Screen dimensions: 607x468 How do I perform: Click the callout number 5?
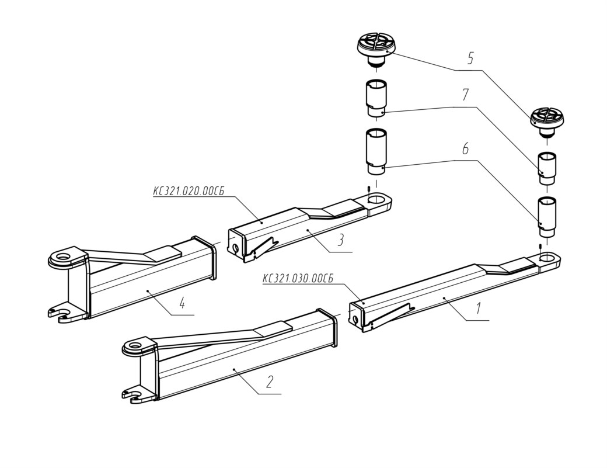click(470, 58)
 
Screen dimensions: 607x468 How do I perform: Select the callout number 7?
click(465, 95)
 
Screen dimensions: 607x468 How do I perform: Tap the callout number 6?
click(465, 148)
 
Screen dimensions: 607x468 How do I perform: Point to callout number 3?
click(341, 240)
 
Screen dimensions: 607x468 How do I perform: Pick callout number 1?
click(479, 308)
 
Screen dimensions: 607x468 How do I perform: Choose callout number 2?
click(270, 382)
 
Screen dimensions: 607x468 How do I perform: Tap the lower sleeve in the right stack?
click(547, 217)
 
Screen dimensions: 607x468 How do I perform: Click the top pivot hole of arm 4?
click(62, 256)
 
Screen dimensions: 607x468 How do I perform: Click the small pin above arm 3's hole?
click(368, 189)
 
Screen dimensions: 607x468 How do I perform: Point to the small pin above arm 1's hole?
click(539, 247)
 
